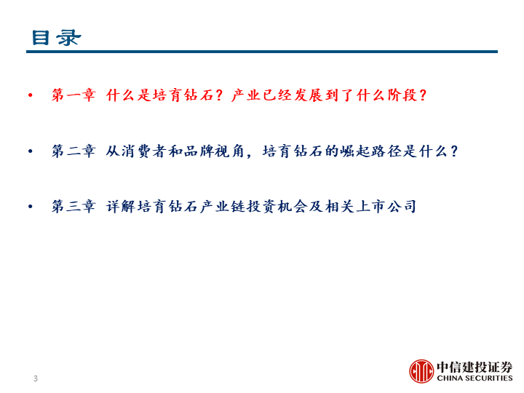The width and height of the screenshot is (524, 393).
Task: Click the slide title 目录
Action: point(56,37)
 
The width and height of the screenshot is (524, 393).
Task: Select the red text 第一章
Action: point(74,95)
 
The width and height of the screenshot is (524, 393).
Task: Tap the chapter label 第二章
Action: point(74,151)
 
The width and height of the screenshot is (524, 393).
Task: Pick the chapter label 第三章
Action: point(74,206)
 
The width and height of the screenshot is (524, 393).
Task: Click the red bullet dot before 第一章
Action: point(31,95)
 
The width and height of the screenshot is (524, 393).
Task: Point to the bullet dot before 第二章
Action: point(31,151)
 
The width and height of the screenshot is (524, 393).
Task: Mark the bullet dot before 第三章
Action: point(31,207)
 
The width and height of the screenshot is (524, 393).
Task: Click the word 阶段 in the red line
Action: point(402,95)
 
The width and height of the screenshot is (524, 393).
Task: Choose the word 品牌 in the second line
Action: point(199,151)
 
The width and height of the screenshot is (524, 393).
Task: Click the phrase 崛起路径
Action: point(371,151)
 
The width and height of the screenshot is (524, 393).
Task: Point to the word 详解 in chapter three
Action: point(121,206)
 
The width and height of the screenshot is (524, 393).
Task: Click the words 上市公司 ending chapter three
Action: point(387,206)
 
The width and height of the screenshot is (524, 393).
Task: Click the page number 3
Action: point(36,378)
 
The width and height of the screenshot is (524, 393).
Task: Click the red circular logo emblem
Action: point(421,371)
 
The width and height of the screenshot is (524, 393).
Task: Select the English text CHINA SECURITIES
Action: point(475,378)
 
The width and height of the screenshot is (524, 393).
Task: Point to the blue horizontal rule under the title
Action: point(262,52)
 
